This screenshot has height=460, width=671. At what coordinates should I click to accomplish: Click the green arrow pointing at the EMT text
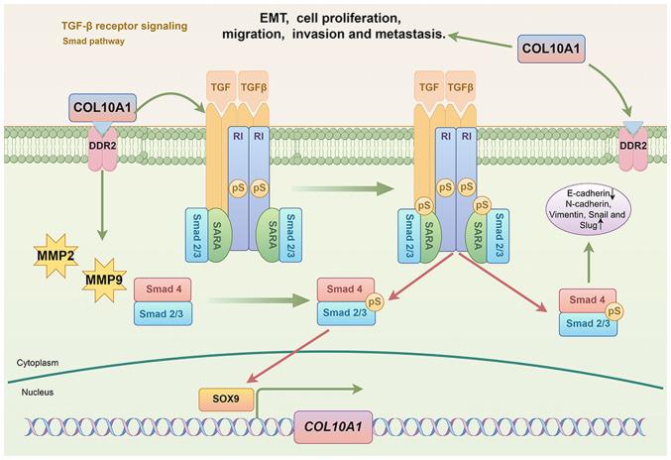480,39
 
